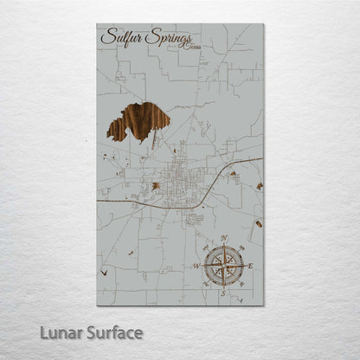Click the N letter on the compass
point(224,238)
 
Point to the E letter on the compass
point(250,265)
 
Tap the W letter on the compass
point(196,266)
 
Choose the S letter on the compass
point(223,292)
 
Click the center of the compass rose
point(223,265)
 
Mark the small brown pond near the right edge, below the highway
point(258,224)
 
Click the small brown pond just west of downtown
point(156,186)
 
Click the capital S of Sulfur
point(107,37)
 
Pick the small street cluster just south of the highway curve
point(196,218)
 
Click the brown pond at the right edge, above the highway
point(259,186)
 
